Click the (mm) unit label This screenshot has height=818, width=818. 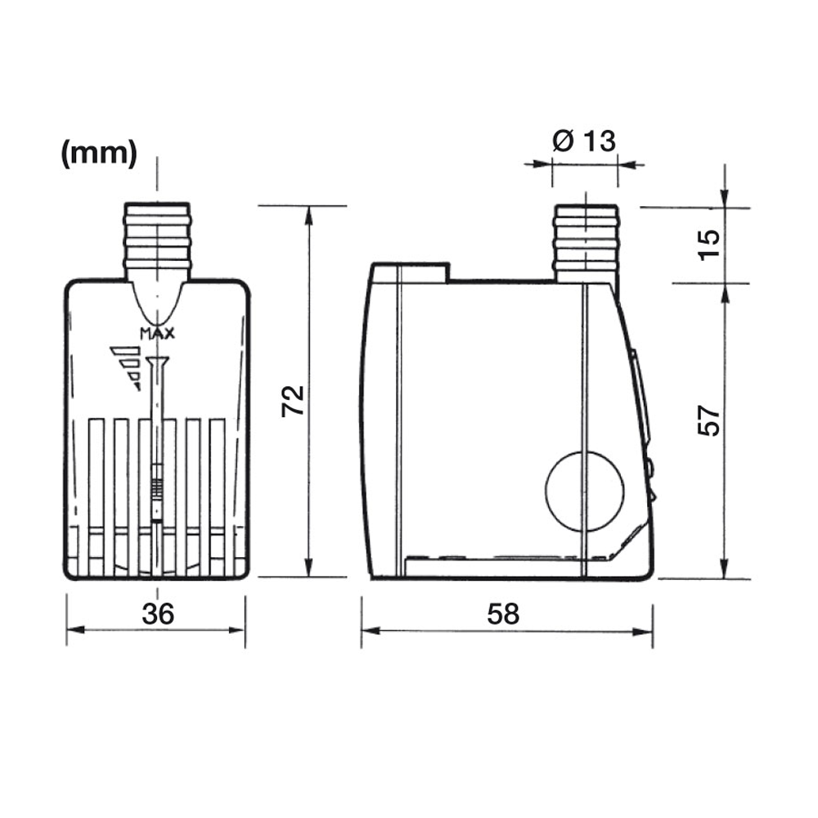(99, 154)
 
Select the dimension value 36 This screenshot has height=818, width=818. (157, 613)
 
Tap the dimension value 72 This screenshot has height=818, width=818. (293, 400)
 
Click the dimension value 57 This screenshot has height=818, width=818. (710, 420)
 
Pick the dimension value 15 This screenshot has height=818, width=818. (710, 244)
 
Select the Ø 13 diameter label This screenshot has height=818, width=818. (583, 141)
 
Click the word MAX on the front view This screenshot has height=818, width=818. (158, 333)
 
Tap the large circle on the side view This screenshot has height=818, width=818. (584, 491)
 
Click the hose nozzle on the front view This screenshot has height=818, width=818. (158, 237)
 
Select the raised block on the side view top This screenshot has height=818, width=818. (409, 272)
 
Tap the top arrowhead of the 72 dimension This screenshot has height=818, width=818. (309, 214)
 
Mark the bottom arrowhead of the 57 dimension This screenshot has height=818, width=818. (725, 569)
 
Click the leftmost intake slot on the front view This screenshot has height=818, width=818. (97, 495)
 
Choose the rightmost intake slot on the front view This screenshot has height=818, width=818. (218, 495)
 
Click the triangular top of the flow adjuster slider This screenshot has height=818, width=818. (158, 362)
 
